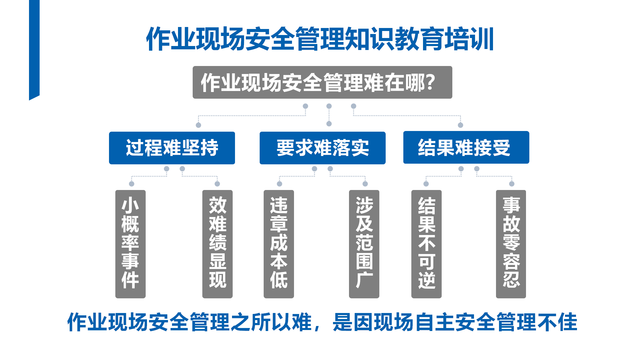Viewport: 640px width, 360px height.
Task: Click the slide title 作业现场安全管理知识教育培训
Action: click(320, 39)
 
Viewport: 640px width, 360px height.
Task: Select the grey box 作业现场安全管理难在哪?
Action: click(322, 82)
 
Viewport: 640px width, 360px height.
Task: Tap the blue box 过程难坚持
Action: click(172, 148)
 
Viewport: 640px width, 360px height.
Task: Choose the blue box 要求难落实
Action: click(323, 148)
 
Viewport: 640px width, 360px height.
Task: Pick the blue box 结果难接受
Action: click(466, 147)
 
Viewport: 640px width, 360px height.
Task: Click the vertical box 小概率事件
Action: click(130, 244)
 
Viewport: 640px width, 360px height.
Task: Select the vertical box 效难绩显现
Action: click(217, 244)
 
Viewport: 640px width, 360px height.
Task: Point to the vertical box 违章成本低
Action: click(279, 244)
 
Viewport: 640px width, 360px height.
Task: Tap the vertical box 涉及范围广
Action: click(364, 244)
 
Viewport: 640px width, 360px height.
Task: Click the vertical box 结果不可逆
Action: click(426, 244)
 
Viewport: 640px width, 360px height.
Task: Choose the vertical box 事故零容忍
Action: click(511, 244)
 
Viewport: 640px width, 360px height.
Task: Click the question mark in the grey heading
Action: click(430, 82)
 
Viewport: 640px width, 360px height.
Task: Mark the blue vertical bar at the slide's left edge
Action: click(34, 50)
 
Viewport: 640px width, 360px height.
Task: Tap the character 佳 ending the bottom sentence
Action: click(567, 322)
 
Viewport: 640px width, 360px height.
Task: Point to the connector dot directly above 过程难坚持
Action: click(198, 125)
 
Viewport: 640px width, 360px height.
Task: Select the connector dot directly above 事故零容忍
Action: click(512, 184)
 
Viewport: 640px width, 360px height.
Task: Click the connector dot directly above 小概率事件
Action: click(132, 184)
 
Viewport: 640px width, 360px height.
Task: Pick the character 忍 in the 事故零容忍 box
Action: click(511, 280)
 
